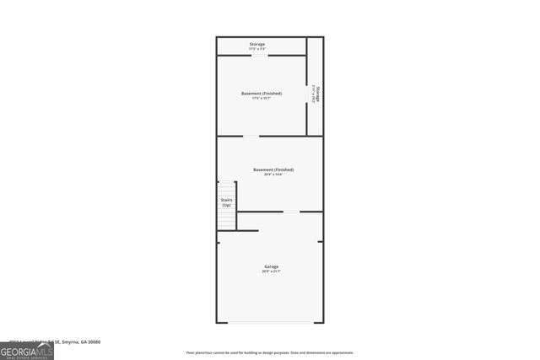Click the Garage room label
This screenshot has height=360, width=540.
click(270, 266)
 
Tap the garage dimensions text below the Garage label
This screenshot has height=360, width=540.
click(270, 271)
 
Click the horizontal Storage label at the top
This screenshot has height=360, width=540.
click(257, 44)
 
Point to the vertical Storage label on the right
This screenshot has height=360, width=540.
click(317, 94)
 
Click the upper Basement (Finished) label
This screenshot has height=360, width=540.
click(262, 93)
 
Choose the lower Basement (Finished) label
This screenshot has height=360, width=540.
click(273, 169)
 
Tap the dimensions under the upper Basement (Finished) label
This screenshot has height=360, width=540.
click(262, 99)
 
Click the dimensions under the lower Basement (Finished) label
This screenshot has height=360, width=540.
click(273, 175)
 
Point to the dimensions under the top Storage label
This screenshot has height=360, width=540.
click(257, 49)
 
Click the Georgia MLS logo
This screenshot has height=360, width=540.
click(27, 348)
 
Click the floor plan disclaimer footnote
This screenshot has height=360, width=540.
click(270, 352)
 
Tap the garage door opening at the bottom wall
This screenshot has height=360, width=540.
click(270, 322)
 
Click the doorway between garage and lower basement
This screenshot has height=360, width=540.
click(290, 212)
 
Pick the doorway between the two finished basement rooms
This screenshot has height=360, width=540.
click(251, 136)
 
